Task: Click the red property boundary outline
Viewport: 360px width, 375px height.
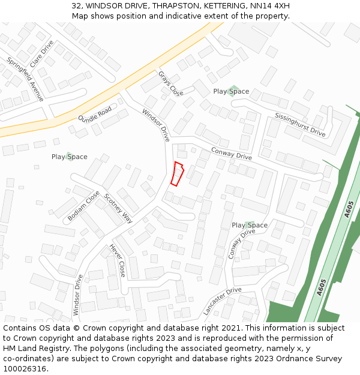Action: [176, 173]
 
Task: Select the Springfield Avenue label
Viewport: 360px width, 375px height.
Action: [25, 79]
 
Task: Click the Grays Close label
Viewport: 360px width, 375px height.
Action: [171, 84]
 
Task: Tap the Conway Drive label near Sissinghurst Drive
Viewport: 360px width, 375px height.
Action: [231, 154]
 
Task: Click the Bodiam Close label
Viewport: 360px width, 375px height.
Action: [83, 206]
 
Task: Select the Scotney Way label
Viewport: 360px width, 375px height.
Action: [118, 208]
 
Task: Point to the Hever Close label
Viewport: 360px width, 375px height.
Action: [118, 260]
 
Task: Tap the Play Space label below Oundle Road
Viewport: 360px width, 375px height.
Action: [69, 157]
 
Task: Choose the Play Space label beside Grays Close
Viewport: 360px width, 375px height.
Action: [231, 91]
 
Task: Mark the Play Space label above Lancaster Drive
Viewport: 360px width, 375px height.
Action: [250, 225]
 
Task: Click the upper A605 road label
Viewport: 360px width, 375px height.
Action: [350, 209]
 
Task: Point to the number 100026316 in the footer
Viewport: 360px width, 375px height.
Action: [25, 369]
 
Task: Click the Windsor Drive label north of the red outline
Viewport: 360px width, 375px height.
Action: [156, 125]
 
